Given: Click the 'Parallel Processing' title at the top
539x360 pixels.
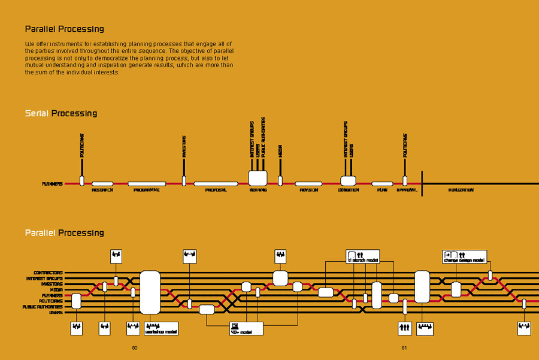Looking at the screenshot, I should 64,29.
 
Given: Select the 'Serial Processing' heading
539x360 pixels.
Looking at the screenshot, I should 60,113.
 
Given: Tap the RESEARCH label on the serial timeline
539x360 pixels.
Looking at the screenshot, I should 102,190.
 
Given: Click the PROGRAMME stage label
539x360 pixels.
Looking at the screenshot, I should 147,190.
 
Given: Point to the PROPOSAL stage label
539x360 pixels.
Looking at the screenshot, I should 216,190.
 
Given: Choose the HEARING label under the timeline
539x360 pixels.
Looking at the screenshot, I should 258,190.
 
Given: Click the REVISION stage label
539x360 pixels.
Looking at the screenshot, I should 308,190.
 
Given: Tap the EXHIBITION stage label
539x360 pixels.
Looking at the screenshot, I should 349,190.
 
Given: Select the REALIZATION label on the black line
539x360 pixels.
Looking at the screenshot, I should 461,190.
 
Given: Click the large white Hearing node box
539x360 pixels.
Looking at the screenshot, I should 258,178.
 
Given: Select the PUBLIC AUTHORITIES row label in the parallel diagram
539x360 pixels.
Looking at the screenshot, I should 42,307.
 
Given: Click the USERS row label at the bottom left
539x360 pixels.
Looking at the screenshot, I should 56,312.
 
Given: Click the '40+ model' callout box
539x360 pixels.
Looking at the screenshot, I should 247,329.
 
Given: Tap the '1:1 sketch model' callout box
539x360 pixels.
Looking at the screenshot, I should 363,257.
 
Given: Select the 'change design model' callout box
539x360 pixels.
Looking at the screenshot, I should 464,257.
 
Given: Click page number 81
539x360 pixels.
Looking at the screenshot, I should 404,347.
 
